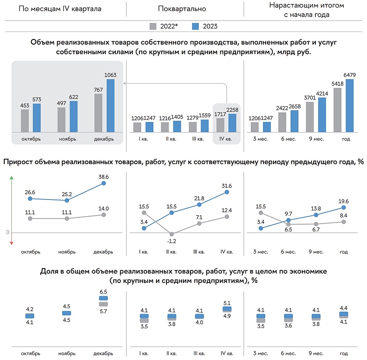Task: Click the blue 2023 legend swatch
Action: pos(196,26)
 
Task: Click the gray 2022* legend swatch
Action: pos(153,26)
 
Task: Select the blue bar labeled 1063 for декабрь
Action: pos(111,105)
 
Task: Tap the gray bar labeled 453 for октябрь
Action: pos(25,120)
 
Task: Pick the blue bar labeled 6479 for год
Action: pos(350,105)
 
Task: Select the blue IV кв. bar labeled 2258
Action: pos(232,123)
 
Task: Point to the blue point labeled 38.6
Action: pos(104,183)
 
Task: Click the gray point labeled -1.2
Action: pos(172,234)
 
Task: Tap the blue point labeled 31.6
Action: pos(227,192)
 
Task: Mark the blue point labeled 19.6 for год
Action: pos(344,207)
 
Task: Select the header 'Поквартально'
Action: pos(183,9)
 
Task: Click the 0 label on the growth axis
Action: pos(8,232)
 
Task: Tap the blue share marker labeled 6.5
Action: pos(104,299)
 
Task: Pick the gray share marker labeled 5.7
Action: pos(104,304)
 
